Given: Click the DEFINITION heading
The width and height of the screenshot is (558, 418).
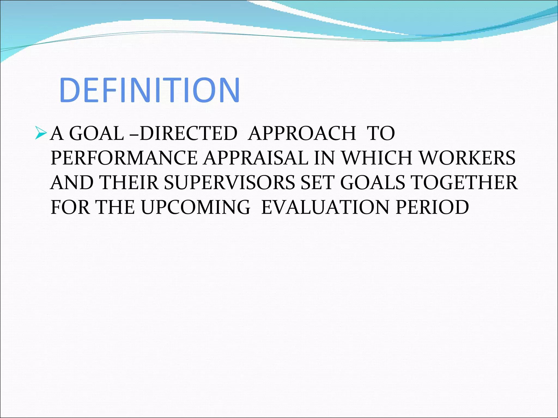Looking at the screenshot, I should click(x=149, y=90).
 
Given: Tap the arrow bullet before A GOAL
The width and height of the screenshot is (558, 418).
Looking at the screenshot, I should click(x=41, y=133).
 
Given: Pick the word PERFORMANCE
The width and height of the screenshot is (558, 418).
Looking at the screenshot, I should click(x=124, y=158).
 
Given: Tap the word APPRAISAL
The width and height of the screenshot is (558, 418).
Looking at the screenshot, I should click(x=256, y=158).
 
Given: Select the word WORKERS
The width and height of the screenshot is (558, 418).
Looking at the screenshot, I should click(x=467, y=158).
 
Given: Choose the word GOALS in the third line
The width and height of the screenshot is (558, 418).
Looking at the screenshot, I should click(x=373, y=183).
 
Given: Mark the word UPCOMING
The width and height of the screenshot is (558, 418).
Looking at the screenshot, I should click(x=195, y=207).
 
